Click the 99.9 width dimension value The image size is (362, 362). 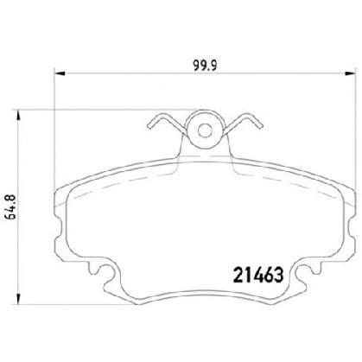coord(205,66)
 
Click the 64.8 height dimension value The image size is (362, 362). coord(11,207)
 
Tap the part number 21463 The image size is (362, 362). coord(258,275)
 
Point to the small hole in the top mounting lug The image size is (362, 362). coord(205,131)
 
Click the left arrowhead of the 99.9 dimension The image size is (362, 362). coord(60,73)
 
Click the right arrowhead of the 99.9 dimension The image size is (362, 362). coord(351,73)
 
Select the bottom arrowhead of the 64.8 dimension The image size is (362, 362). coord(19,299)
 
